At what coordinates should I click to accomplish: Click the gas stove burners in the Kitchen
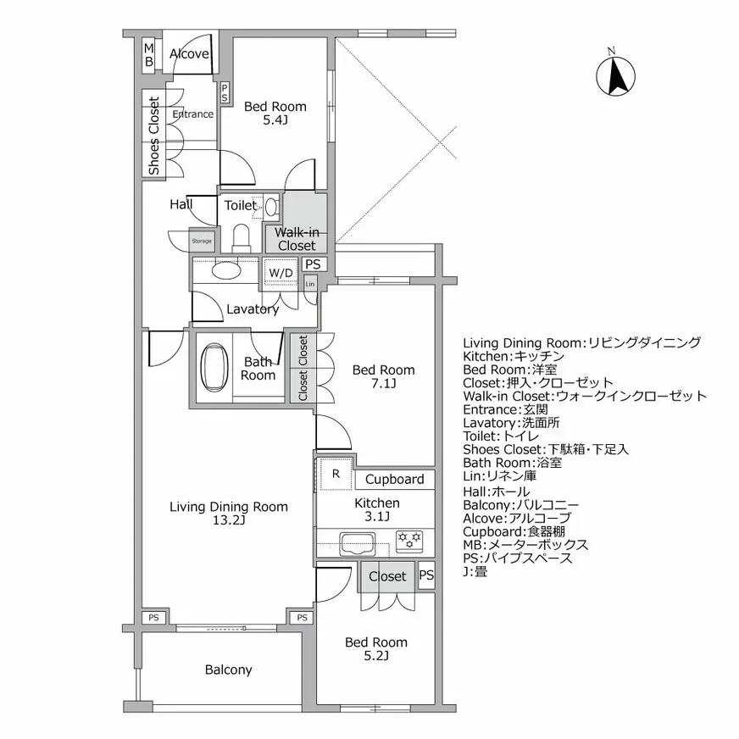pos(409,538)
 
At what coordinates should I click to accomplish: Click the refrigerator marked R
pos(336,475)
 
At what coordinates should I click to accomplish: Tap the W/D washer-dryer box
pos(281,272)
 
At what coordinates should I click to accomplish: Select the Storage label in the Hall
pos(202,241)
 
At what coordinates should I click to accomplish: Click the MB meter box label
pos(147,55)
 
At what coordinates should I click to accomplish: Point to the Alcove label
pos(189,54)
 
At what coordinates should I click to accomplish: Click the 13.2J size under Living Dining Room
pos(229,521)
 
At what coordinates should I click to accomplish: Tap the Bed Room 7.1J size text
pos(384,384)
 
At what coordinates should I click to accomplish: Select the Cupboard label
pos(394,480)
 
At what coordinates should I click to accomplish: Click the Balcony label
pos(228,670)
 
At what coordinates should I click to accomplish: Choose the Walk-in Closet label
pos(297,239)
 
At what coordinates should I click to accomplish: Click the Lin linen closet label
pos(310,283)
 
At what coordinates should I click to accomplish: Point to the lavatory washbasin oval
pos(225,272)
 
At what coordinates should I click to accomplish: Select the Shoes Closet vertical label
pos(153,136)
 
